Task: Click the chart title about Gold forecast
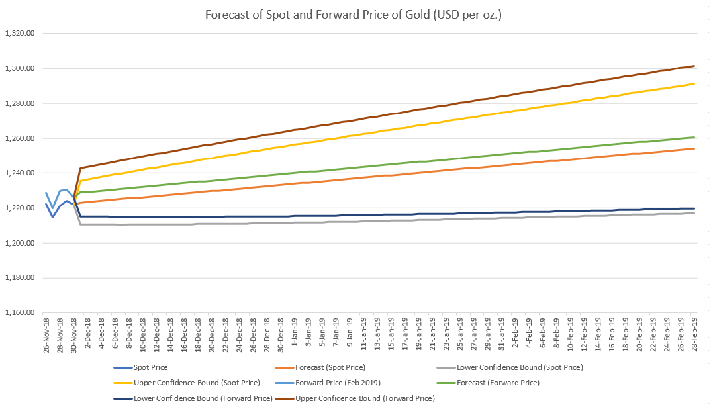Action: (x=354, y=14)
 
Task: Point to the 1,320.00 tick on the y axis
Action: (x=20, y=34)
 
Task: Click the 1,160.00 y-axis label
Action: (x=20, y=313)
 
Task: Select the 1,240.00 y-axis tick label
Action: (x=20, y=173)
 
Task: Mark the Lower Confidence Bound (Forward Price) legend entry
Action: (x=199, y=398)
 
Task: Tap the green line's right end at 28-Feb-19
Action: (x=694, y=137)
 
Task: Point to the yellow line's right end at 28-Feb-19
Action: (x=694, y=83)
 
